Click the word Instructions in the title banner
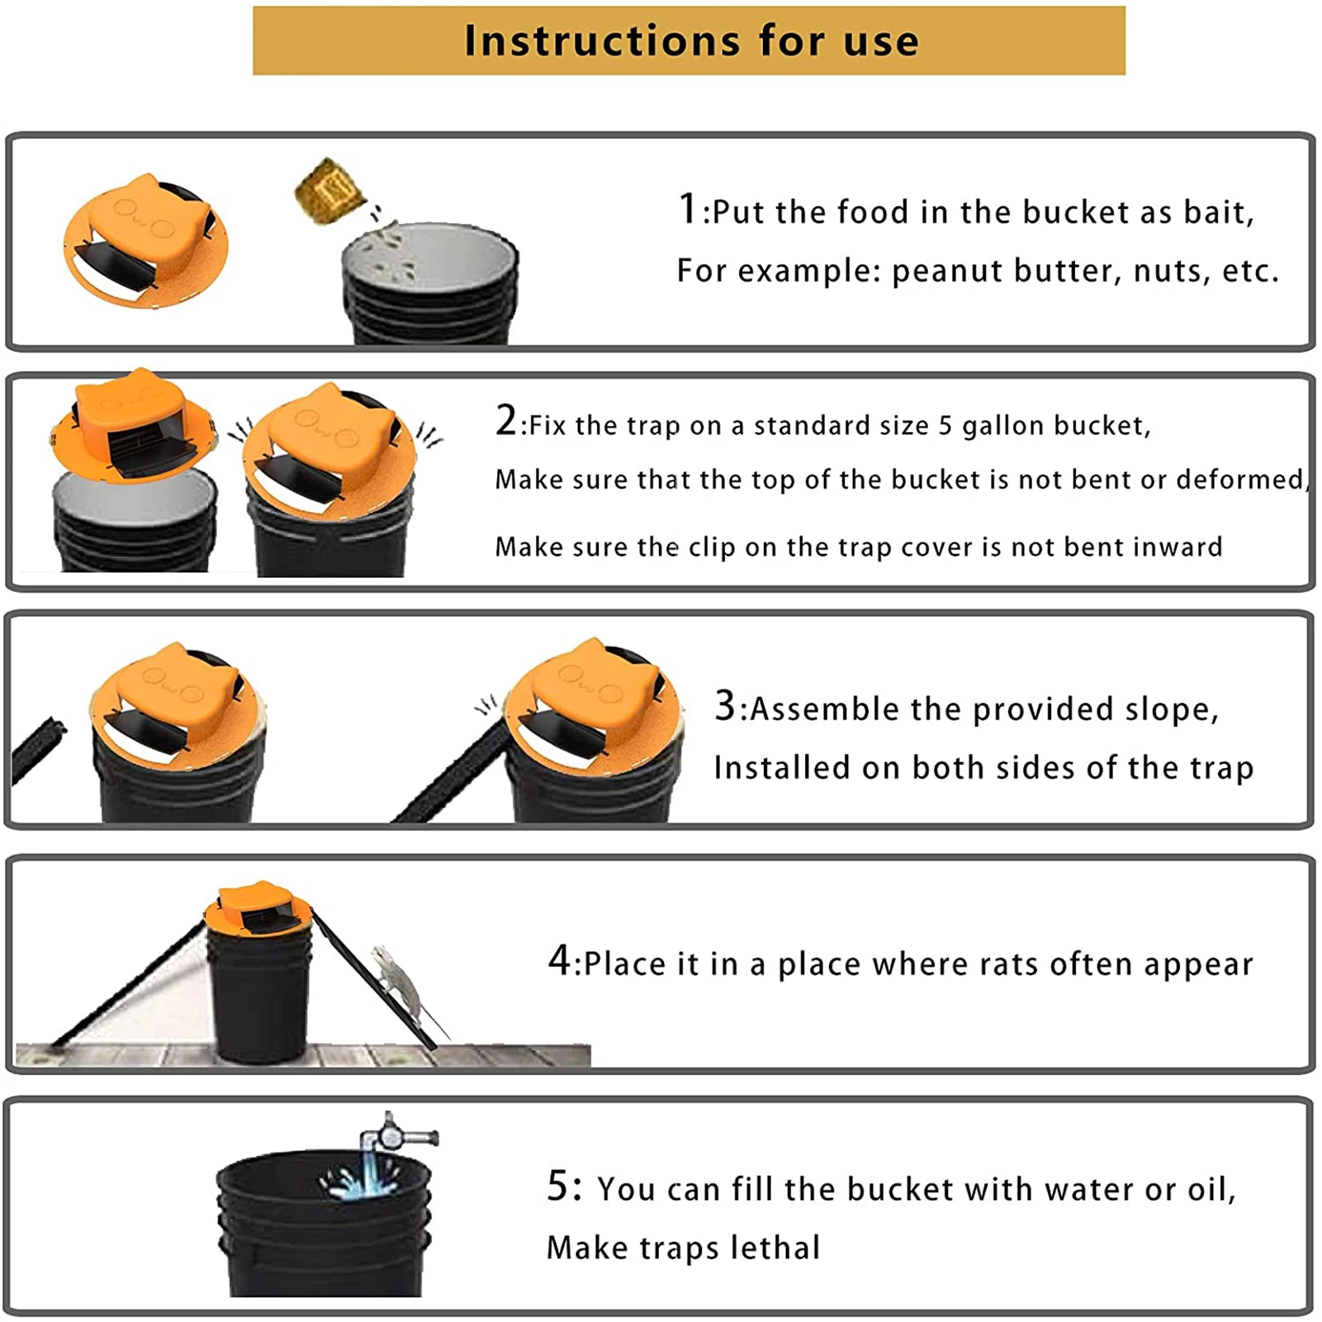(x=602, y=40)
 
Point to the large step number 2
(x=505, y=420)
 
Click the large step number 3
(x=724, y=705)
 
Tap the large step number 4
(x=559, y=960)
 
